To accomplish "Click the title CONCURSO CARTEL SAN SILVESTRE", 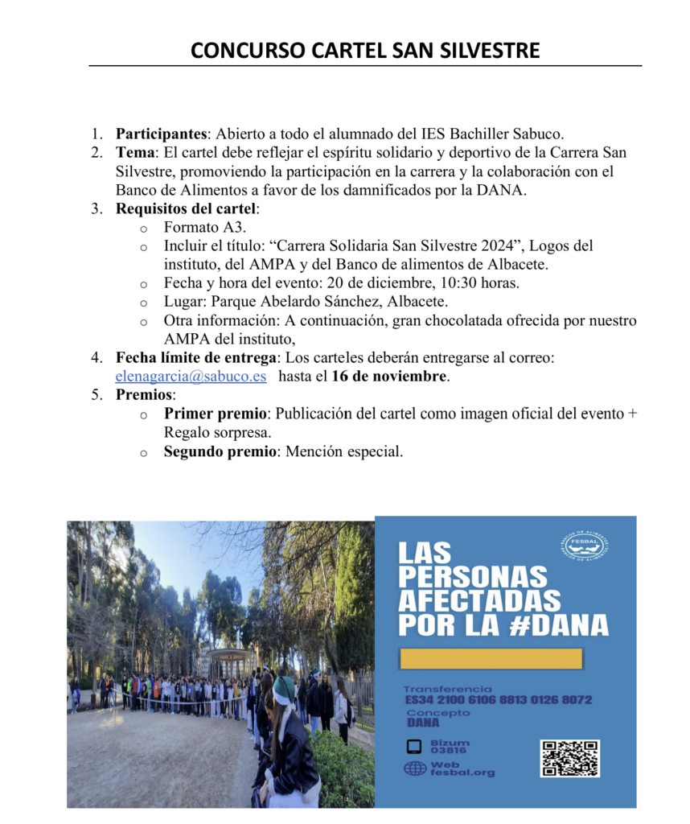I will tap(365, 51).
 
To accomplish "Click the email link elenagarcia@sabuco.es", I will tap(191, 376).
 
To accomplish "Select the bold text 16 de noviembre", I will tap(389, 376).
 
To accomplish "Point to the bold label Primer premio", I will tap(215, 414).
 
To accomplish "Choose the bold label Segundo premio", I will tap(220, 451).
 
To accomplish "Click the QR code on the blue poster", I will tap(569, 758).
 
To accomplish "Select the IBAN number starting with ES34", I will tap(498, 699).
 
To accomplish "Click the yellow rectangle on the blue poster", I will tap(491, 658).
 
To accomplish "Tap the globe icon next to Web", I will tap(415, 768).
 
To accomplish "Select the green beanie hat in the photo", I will tap(285, 688).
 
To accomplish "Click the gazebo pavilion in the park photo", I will tap(228, 661).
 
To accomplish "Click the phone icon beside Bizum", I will tap(414, 746).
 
